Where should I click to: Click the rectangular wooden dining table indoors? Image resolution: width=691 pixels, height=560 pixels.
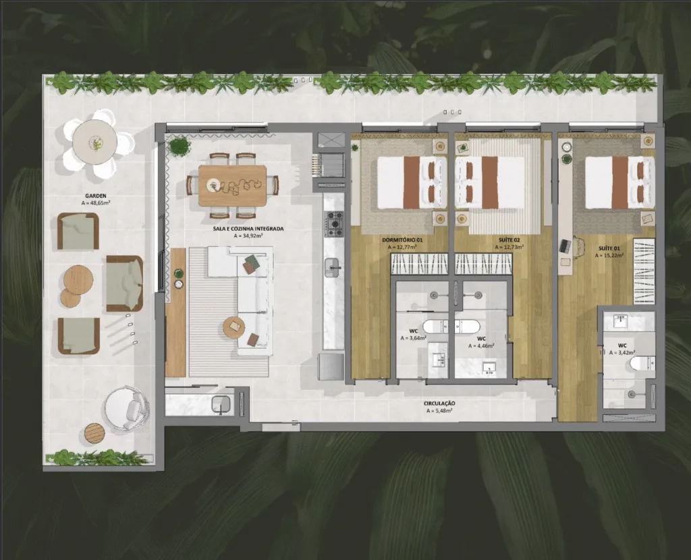[232, 185]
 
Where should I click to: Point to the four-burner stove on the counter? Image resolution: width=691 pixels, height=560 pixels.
[334, 224]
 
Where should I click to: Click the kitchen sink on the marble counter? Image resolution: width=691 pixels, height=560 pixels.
[333, 267]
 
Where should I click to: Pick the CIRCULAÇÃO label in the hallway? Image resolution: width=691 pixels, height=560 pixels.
[439, 403]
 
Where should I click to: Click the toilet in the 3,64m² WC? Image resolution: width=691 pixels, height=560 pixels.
[434, 327]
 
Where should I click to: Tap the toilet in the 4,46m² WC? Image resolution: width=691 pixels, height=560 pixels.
[467, 327]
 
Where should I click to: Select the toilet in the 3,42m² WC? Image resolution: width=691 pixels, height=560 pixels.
[641, 363]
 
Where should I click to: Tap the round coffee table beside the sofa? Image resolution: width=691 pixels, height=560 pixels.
[234, 327]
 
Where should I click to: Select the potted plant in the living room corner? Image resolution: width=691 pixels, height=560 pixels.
[179, 146]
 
